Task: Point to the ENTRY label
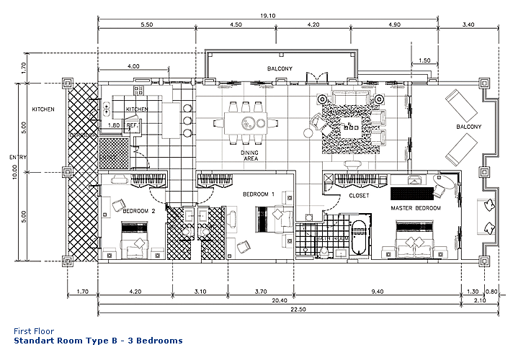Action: click(x=9, y=157)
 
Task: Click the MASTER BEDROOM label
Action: click(x=416, y=208)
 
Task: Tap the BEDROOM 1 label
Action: click(x=259, y=194)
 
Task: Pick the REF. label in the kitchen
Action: click(x=133, y=125)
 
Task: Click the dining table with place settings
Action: click(x=246, y=122)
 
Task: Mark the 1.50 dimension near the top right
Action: click(x=424, y=60)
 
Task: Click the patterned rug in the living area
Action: click(x=348, y=127)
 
